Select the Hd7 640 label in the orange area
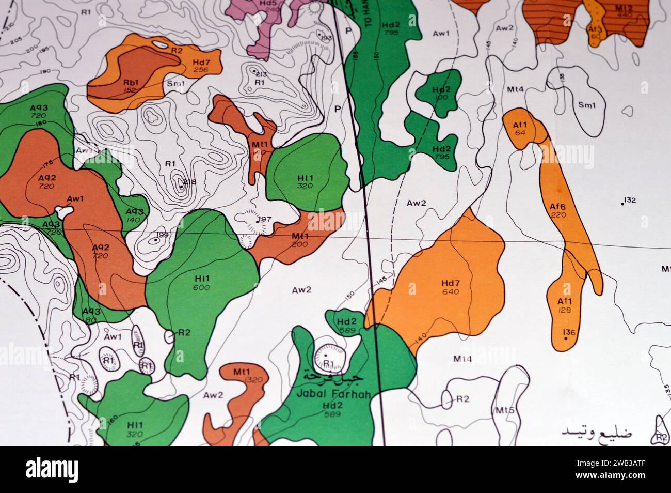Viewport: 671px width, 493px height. click(450, 287)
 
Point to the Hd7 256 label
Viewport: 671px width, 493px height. click(201, 66)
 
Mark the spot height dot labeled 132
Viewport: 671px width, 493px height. click(622, 203)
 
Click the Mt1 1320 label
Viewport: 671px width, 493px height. click(242, 376)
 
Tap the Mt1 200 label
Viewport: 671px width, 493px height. click(299, 240)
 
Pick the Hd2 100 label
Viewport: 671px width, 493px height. click(441, 93)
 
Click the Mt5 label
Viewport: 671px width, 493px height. click(505, 411)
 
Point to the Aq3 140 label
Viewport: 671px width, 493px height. click(134, 215)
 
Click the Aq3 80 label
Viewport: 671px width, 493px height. click(91, 315)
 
